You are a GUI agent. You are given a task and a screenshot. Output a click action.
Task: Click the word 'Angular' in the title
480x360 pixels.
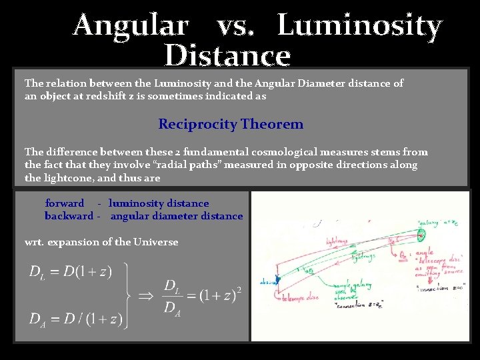point(131,26)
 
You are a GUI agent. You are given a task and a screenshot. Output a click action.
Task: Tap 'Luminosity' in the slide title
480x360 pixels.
point(359,26)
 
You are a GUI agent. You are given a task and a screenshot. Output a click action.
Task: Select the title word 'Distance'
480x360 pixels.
point(227,56)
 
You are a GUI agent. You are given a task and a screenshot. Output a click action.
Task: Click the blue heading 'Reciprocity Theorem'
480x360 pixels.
point(231,124)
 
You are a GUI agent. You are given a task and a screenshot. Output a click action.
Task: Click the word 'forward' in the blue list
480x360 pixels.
point(65,203)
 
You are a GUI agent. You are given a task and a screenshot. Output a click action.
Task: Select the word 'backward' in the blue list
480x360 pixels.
point(69,216)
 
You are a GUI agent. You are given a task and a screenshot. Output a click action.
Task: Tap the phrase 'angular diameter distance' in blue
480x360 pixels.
point(177,216)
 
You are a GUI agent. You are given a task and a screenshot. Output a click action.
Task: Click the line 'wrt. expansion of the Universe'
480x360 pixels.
point(101,242)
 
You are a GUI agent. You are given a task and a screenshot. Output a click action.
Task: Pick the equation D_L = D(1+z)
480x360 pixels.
point(71,271)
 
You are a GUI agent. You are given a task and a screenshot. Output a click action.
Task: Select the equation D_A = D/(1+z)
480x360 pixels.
point(75,319)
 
